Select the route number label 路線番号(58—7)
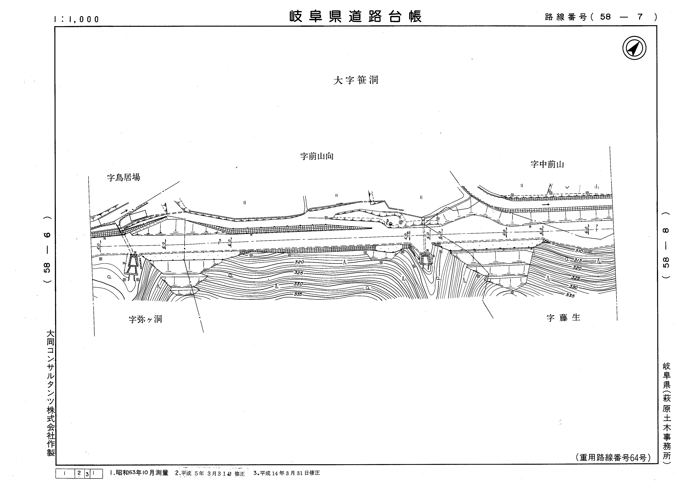tap(600, 17)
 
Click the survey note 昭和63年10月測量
tap(139, 473)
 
